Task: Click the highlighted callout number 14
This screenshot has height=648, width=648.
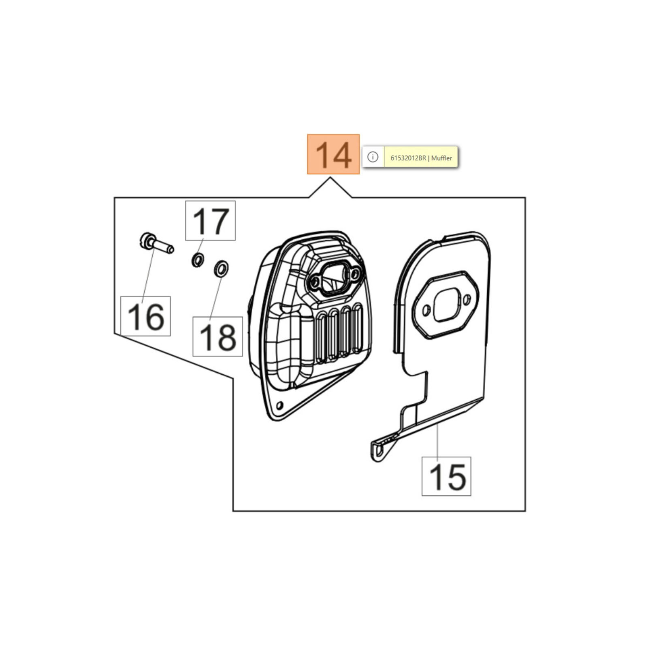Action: click(x=333, y=154)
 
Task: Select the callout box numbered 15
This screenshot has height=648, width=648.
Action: click(x=446, y=476)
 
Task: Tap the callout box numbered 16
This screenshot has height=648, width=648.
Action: click(x=145, y=316)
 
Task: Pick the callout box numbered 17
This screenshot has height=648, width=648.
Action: click(x=210, y=221)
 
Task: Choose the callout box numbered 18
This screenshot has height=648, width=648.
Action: click(x=217, y=337)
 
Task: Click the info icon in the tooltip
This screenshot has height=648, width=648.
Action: click(x=373, y=157)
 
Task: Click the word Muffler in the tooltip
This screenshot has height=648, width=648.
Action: click(x=441, y=158)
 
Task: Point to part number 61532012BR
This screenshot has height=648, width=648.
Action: click(x=408, y=158)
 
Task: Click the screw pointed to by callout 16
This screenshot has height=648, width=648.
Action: click(x=156, y=243)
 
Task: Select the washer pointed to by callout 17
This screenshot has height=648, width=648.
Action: click(x=198, y=260)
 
